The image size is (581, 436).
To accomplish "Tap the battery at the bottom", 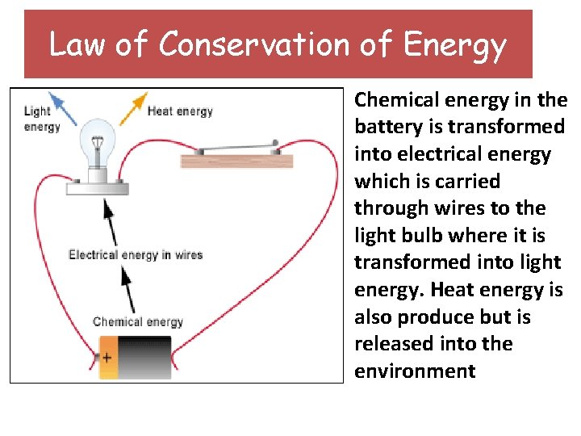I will point(135,358).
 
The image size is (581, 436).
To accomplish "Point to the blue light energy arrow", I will point(64,111).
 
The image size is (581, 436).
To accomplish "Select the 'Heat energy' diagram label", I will point(180,111).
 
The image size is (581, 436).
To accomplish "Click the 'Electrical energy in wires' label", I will point(136,255).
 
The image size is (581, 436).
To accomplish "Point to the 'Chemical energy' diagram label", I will point(138,321).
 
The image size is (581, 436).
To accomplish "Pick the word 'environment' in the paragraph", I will point(415,371).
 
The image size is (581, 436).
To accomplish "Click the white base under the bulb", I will point(98,187).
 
